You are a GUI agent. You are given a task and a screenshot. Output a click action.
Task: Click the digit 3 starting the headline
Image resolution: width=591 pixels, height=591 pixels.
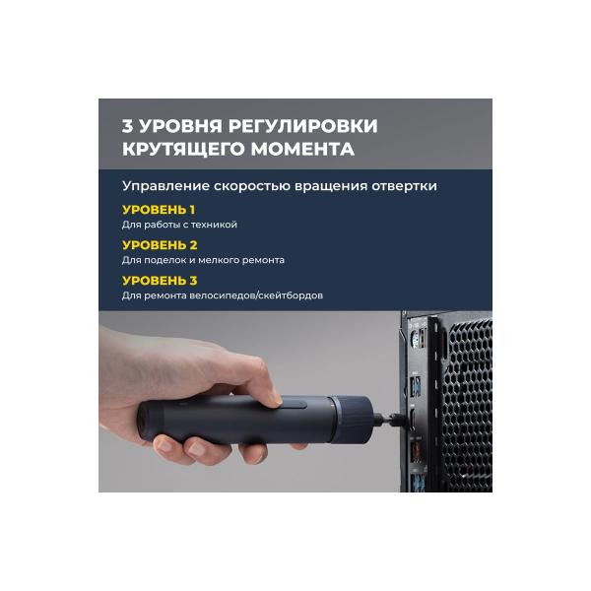click(127, 126)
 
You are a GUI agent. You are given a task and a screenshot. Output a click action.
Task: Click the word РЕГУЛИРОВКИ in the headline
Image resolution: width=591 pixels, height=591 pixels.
click(302, 126)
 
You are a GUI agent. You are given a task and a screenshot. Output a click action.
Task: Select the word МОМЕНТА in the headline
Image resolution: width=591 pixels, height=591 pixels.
click(302, 149)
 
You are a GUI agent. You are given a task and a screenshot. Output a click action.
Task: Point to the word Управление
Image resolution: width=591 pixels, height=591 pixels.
click(165, 186)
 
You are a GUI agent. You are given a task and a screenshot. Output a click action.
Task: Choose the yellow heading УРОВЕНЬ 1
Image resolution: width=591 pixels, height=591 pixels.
click(159, 210)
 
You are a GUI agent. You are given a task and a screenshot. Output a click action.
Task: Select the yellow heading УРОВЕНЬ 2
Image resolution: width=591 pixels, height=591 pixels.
click(160, 245)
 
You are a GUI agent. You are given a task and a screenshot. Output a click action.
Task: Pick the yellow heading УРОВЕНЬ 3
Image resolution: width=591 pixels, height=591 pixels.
click(160, 281)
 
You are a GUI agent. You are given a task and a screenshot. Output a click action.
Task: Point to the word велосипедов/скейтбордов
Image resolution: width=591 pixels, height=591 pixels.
click(256, 295)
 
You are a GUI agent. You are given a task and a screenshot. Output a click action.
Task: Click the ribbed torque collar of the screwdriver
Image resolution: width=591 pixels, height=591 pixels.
click(352, 420)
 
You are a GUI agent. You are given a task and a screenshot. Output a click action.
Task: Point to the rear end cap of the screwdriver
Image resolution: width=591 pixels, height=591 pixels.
click(149, 421)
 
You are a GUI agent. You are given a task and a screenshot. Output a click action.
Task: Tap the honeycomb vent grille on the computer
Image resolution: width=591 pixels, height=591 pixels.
click(468, 403)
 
